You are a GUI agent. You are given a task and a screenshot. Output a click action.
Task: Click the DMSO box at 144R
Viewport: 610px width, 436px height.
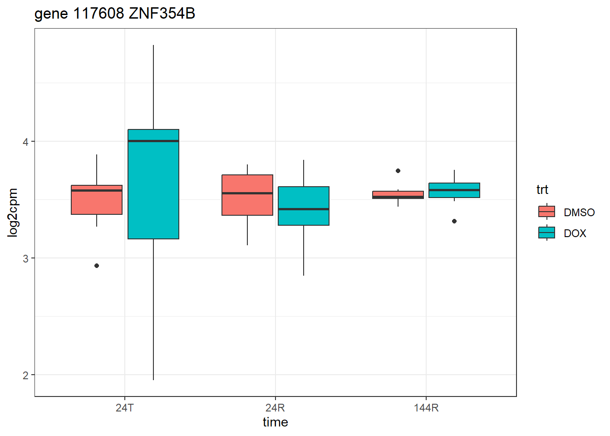click(398, 194)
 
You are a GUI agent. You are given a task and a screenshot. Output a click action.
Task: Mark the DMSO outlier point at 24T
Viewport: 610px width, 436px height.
click(97, 266)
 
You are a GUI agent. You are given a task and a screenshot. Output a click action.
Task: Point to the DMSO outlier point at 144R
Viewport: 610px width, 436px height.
click(398, 171)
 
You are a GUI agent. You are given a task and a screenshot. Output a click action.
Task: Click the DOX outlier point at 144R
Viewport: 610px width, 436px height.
click(454, 221)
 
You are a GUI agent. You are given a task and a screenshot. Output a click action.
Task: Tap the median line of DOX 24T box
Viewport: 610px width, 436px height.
click(153, 141)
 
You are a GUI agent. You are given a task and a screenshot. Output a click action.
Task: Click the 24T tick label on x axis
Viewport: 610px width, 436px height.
click(125, 408)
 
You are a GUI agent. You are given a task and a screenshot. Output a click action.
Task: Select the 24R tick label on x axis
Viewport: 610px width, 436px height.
click(275, 408)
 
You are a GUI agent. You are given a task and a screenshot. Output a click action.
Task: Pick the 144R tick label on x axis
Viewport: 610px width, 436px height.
click(426, 408)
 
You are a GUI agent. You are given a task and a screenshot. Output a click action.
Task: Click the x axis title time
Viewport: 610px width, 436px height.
click(275, 422)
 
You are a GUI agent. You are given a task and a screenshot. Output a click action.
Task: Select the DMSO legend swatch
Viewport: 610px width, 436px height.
click(547, 212)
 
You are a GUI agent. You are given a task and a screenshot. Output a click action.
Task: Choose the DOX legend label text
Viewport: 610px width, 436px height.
click(575, 233)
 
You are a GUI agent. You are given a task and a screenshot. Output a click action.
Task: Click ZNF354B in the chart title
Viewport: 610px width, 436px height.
click(162, 14)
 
